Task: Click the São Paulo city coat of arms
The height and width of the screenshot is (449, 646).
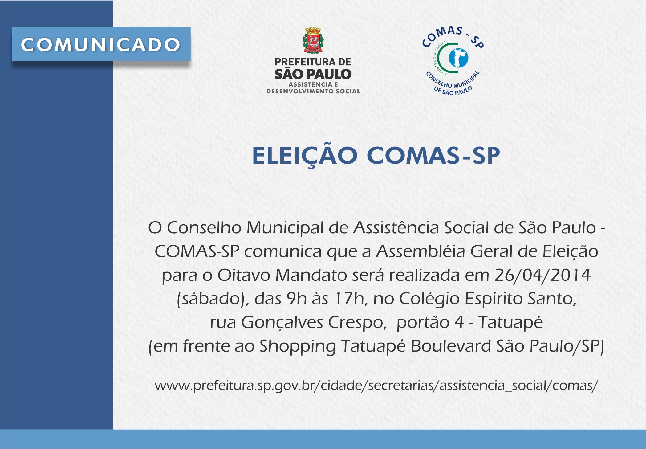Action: tap(313, 41)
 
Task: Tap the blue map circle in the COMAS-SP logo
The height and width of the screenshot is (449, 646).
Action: tap(458, 58)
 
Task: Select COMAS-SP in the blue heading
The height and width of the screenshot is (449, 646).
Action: tap(433, 156)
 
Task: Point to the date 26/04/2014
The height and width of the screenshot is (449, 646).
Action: tap(542, 275)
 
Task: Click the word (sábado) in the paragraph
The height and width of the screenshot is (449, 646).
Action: tap(213, 299)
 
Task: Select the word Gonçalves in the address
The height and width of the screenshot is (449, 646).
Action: tap(282, 323)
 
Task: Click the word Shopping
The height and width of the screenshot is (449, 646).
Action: tap(297, 347)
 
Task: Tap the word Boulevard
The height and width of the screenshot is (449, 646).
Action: tap(451, 346)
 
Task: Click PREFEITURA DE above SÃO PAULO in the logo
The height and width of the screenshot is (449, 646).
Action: tap(313, 62)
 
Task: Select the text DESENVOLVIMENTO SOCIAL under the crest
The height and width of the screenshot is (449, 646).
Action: tap(313, 91)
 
